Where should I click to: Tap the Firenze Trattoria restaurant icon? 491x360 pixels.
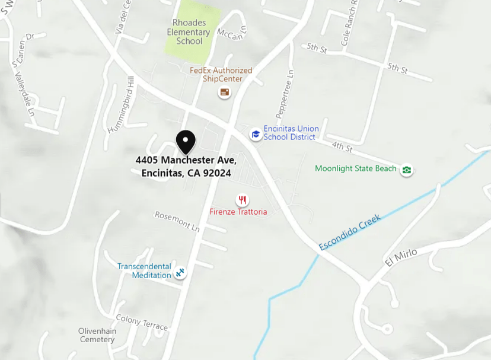(x=242, y=200)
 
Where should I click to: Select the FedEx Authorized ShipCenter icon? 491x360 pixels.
(x=224, y=92)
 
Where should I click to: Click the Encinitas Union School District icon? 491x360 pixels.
(x=256, y=134)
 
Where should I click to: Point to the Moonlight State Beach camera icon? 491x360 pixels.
(x=406, y=170)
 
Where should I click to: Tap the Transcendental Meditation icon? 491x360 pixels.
(x=180, y=273)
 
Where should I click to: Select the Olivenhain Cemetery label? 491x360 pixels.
(x=97, y=335)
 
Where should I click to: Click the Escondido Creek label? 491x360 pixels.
(x=349, y=232)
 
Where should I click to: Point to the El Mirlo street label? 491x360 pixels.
(x=401, y=257)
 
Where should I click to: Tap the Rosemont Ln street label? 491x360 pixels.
(x=177, y=220)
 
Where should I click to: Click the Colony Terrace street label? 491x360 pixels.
(x=142, y=323)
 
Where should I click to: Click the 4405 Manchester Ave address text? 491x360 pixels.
(x=186, y=167)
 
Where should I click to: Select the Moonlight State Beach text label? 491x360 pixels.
(x=355, y=168)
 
